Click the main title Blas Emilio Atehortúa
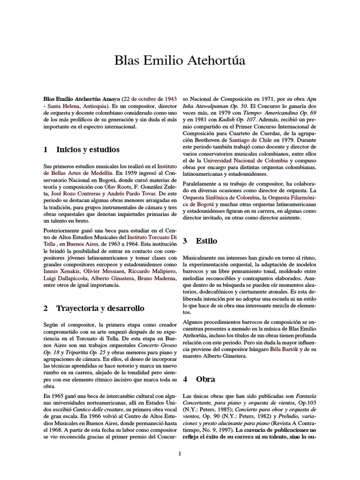point(180,61)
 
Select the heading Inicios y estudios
point(88,150)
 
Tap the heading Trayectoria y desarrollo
point(100,308)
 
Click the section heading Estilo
point(206,241)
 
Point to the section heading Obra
point(205,379)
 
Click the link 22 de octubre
point(140,100)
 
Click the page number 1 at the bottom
point(180,453)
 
